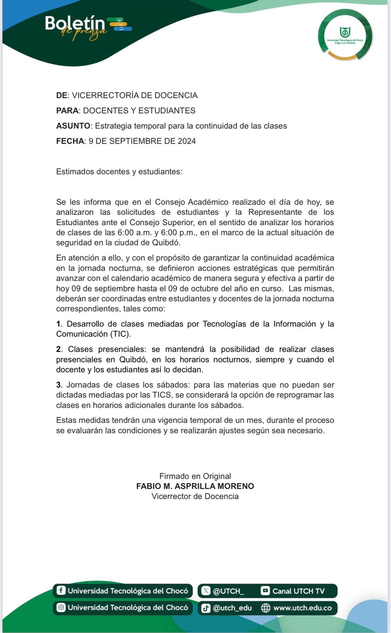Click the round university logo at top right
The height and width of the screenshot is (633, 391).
tap(345, 35)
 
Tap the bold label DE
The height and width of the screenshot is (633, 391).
tap(61, 95)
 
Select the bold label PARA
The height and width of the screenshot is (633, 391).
tap(67, 111)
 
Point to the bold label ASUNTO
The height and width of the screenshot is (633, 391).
tap(73, 126)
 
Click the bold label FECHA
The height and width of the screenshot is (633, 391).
tap(70, 141)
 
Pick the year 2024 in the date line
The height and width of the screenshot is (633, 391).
tap(187, 141)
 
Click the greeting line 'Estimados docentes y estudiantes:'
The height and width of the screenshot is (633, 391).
tap(119, 172)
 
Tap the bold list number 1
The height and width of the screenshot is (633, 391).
tap(59, 324)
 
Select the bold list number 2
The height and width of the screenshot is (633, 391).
tap(59, 349)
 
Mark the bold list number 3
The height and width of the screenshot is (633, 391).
tap(59, 385)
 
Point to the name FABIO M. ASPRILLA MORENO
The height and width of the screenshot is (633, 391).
tap(195, 486)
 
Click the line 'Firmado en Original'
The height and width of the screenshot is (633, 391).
tap(195, 476)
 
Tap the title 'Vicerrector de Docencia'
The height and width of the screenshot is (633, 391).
tap(195, 497)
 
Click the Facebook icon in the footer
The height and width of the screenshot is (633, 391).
tap(61, 591)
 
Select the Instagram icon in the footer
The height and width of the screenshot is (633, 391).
tap(61, 607)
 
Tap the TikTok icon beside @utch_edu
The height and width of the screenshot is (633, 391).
tap(206, 608)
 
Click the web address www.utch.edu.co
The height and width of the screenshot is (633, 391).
tap(302, 608)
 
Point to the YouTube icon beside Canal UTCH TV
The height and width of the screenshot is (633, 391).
tap(265, 591)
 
